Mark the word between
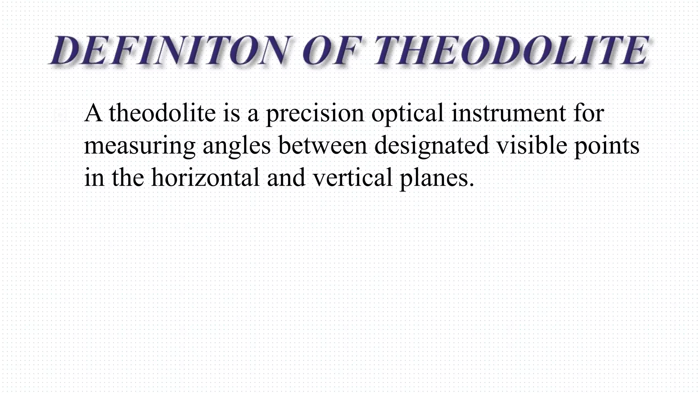[322, 145]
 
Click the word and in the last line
[286, 178]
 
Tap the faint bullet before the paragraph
[61, 116]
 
